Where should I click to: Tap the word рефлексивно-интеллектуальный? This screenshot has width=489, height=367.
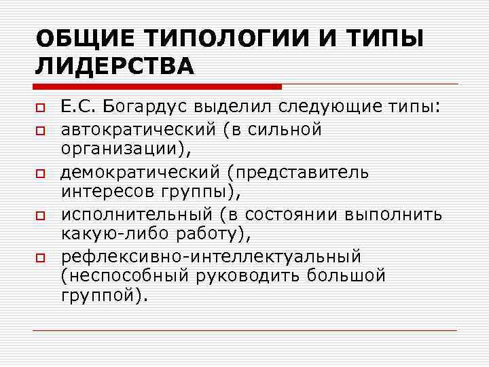click(x=211, y=258)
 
